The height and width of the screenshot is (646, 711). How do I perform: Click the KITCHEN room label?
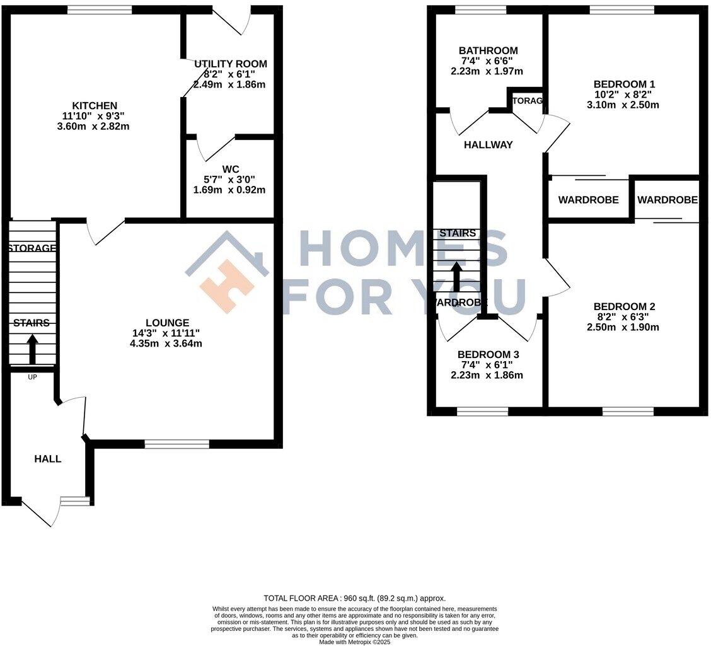(95, 105)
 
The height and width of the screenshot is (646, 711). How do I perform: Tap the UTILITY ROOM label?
(230, 64)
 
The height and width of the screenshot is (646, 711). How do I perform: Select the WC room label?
(230, 169)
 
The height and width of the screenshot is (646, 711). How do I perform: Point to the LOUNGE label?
(166, 323)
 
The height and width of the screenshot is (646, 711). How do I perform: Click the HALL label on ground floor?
(48, 459)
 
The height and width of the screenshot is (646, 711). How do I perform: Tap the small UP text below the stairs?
(32, 377)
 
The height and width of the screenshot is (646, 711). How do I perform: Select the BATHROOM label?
(488, 51)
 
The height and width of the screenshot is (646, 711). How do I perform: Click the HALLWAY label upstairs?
(488, 145)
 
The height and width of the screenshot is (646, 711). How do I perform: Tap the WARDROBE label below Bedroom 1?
(588, 200)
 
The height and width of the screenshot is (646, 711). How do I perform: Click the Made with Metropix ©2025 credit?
(354, 642)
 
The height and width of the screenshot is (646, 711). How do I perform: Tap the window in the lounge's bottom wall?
(176, 444)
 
